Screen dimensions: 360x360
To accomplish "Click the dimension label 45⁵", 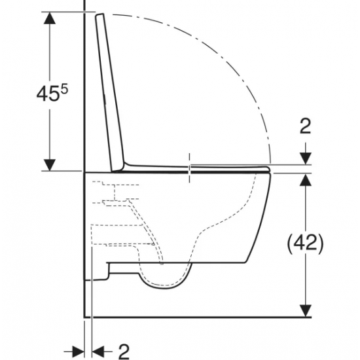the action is tap(52, 93).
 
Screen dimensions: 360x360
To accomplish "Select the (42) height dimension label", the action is tap(306, 243).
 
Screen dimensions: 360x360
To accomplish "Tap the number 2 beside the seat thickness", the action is tap(306, 126).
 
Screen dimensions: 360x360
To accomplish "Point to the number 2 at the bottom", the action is tap(124, 351).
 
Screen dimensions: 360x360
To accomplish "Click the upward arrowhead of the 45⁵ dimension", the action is tap(50, 18).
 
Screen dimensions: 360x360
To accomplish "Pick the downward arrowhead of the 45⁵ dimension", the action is tap(50, 165).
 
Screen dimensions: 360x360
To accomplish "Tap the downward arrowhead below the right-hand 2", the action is tap(306, 158).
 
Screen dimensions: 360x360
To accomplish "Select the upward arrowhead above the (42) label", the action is tap(306, 180).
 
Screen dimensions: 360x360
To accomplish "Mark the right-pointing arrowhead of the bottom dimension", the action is tap(78, 351).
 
